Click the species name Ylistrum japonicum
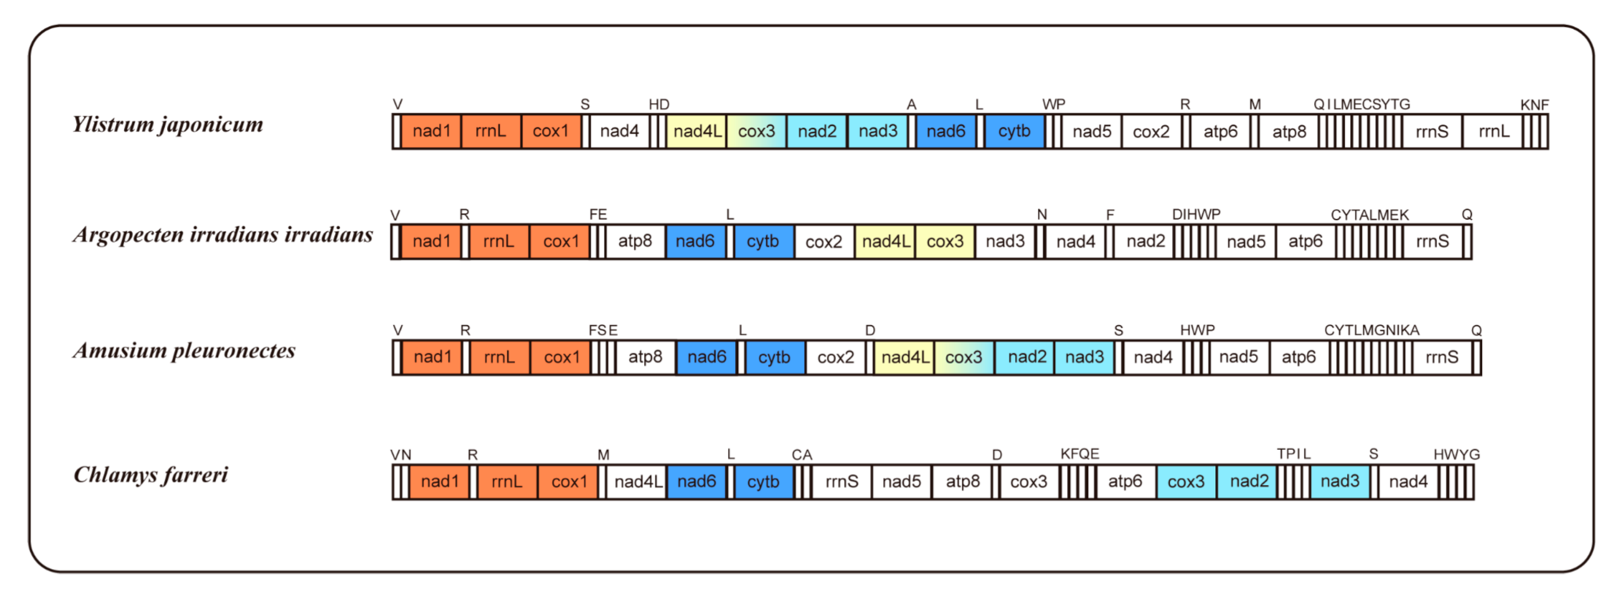[168, 124]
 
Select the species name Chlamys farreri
[151, 475]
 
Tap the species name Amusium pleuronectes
[184, 351]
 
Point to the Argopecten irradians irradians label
[223, 235]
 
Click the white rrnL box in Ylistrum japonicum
[1494, 132]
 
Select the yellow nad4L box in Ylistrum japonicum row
[696, 132]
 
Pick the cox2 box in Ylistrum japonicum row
[1151, 132]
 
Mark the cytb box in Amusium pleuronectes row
[774, 358]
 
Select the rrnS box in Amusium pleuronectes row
[1441, 358]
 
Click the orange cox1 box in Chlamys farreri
[568, 481]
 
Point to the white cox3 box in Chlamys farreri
[1028, 481]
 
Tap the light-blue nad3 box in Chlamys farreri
[1339, 481]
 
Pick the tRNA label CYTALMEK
[1370, 215]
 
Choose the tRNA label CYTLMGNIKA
[1371, 330]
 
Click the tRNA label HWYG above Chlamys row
[1456, 454]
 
